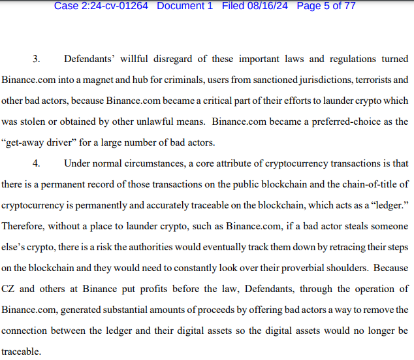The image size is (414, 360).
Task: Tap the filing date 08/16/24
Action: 268,6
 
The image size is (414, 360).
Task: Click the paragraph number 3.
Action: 36,59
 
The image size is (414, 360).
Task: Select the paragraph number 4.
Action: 36,162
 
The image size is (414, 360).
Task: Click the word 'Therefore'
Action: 23,225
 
